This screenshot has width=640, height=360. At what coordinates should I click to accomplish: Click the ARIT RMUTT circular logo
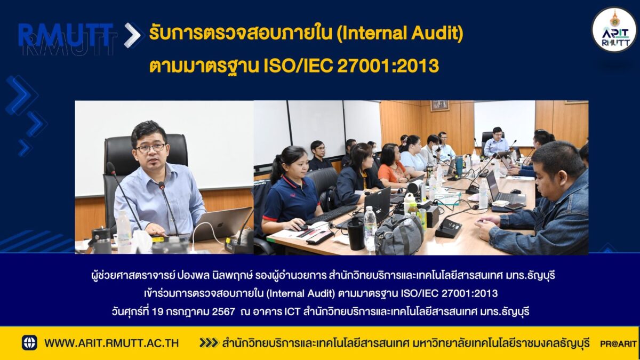tap(614, 30)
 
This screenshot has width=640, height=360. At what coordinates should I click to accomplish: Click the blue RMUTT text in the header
tap(66, 35)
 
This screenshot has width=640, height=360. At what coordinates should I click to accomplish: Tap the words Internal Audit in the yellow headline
tap(399, 34)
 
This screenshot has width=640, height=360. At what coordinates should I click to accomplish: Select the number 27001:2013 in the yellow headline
tap(388, 66)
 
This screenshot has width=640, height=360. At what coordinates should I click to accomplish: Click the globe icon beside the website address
tap(29, 343)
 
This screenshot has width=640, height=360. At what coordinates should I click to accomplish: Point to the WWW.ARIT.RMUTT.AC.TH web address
tap(111, 343)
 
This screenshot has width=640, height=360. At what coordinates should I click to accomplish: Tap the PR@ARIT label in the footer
tap(618, 343)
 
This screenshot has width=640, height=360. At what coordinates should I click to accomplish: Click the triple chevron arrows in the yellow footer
tap(209, 343)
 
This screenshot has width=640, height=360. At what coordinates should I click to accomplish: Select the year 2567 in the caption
tap(223, 311)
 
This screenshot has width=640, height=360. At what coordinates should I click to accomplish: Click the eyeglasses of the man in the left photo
tap(151, 148)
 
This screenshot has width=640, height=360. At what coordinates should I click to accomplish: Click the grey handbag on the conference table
tap(399, 234)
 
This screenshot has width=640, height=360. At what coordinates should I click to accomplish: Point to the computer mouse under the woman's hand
tap(301, 227)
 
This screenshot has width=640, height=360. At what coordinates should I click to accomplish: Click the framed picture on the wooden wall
tap(439, 106)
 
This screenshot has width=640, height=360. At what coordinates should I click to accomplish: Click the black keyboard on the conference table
tap(331, 214)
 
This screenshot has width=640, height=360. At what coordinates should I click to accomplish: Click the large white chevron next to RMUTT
tap(133, 35)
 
